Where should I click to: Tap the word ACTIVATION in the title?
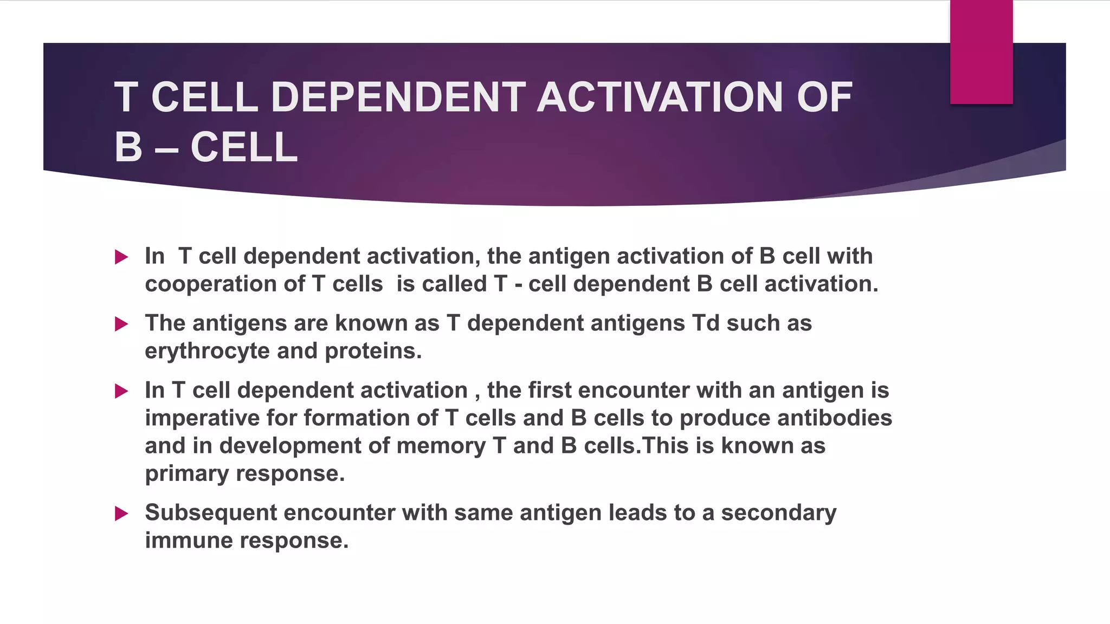click(x=660, y=97)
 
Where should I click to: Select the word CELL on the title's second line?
click(x=244, y=147)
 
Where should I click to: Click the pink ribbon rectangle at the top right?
click(x=981, y=52)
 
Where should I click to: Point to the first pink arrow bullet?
click(x=121, y=257)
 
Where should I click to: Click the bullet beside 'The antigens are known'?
click(x=121, y=324)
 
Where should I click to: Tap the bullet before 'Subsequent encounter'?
click(x=121, y=513)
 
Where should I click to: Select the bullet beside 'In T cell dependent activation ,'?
click(x=121, y=391)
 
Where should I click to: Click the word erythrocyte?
click(x=207, y=351)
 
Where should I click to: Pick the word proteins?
click(x=373, y=351)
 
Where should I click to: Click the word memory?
click(x=441, y=446)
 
